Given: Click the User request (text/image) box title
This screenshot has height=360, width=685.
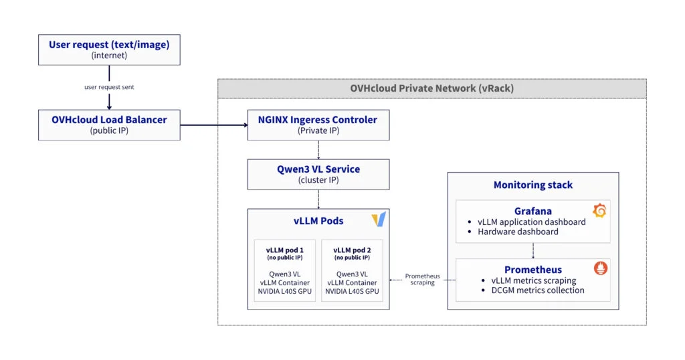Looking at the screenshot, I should pyautogui.click(x=109, y=45).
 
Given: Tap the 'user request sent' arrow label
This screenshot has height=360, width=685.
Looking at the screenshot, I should pyautogui.click(x=109, y=87).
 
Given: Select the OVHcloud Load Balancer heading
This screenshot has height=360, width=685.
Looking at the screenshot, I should pyautogui.click(x=109, y=120).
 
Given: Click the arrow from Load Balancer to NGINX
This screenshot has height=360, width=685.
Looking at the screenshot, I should pyautogui.click(x=213, y=124).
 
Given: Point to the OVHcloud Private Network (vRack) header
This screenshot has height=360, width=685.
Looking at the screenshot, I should pyautogui.click(x=431, y=88).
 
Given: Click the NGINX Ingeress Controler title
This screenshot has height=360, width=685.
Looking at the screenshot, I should pyautogui.click(x=318, y=120).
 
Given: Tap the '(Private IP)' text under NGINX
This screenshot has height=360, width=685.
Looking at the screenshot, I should pyautogui.click(x=318, y=130).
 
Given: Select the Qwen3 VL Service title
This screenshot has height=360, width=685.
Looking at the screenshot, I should pyautogui.click(x=318, y=169).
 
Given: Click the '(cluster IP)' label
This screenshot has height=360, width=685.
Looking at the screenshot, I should pyautogui.click(x=318, y=180).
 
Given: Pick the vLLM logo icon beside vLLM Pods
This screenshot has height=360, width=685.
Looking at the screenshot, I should pyautogui.click(x=378, y=219).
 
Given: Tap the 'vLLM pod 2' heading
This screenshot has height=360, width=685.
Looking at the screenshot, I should pyautogui.click(x=352, y=250).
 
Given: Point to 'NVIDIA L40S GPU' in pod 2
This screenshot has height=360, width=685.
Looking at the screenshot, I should pyautogui.click(x=352, y=291).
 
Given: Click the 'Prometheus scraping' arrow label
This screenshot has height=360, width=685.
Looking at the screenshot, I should pyautogui.click(x=423, y=279).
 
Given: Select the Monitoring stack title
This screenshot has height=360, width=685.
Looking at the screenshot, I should pyautogui.click(x=532, y=185).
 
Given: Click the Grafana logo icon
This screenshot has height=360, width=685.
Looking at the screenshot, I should pyautogui.click(x=599, y=211).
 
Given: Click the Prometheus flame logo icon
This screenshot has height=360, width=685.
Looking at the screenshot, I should pyautogui.click(x=599, y=270).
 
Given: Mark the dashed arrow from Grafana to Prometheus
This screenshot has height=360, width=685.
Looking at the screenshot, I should pyautogui.click(x=532, y=250).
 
